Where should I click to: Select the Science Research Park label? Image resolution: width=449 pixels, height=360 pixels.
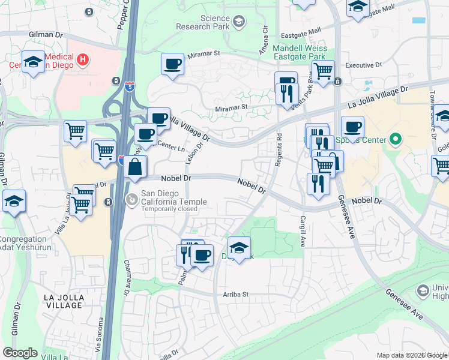tap(206, 23)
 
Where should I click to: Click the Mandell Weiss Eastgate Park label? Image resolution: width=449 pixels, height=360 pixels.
tap(300, 53)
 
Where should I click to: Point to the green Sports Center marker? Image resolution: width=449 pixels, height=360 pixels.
tap(395, 140)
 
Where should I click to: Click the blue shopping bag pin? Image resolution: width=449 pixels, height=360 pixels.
tap(136, 167)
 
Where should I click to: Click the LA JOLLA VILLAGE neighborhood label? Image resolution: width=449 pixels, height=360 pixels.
tap(64, 301)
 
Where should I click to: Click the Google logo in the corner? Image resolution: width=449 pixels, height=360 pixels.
tap(20, 353)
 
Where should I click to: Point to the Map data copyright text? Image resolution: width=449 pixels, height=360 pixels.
tap(412, 356)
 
